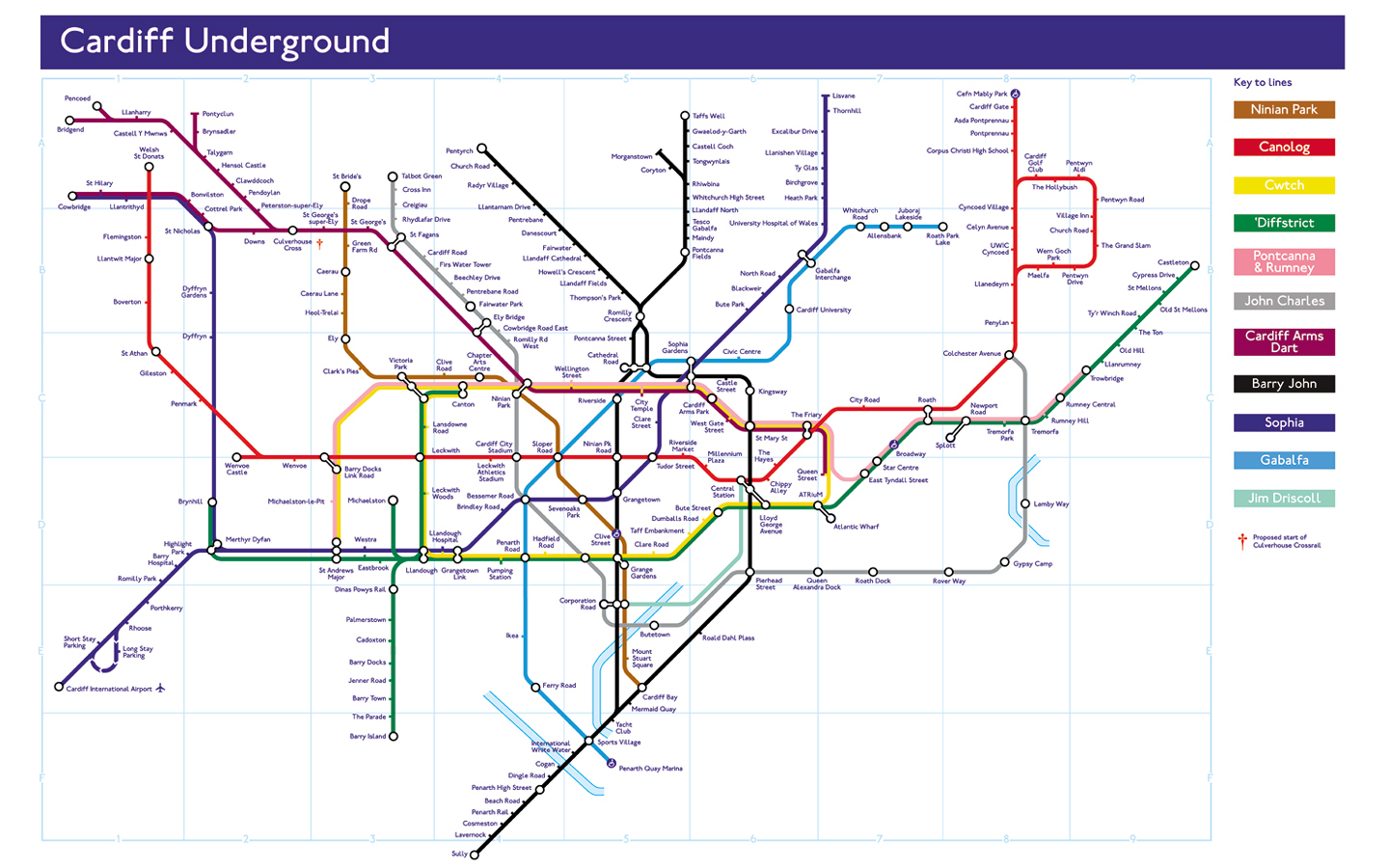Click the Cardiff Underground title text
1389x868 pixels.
[225, 41]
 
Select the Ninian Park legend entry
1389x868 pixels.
[1284, 110]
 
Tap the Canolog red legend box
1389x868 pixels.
[1284, 148]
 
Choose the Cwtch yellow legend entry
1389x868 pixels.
[1284, 185]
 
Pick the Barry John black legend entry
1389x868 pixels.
[1284, 384]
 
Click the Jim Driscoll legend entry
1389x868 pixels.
[1284, 499]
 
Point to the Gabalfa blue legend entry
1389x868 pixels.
[1284, 461]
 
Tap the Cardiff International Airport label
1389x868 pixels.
[109, 689]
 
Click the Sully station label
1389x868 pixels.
[459, 854]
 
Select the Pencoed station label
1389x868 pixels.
[77, 98]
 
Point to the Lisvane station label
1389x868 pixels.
[843, 96]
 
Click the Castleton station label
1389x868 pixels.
[1173, 262]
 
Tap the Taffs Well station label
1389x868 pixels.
[708, 116]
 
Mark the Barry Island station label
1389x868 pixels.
[367, 737]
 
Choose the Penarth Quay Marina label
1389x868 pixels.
[650, 769]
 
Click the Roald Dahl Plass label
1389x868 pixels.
[728, 637]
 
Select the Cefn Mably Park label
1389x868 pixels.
[981, 95]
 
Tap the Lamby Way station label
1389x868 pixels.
[1050, 504]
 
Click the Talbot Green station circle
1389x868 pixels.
[393, 176]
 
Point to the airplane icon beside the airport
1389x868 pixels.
[161, 689]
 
